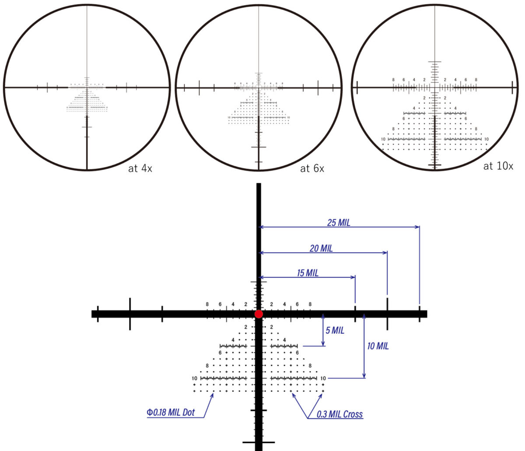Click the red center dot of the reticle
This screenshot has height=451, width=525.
259,314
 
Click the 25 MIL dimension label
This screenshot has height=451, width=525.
339,223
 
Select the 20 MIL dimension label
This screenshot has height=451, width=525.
321,248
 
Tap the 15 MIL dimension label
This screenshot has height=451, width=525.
308,273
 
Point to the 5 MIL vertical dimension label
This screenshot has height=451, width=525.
335,330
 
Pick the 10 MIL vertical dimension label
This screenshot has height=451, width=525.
378,346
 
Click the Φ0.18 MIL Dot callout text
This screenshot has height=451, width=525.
171,412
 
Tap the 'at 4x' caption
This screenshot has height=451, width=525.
140,168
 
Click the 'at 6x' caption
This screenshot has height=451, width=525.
312,168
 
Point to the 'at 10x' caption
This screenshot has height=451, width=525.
498,166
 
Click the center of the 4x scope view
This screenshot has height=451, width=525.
87,87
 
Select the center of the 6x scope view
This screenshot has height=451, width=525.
259,87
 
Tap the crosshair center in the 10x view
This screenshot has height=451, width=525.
435,87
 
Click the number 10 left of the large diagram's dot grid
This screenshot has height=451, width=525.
194,378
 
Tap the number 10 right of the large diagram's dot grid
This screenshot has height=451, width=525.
323,378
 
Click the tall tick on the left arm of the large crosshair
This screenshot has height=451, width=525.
130,314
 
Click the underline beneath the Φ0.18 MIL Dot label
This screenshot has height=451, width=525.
175,417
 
